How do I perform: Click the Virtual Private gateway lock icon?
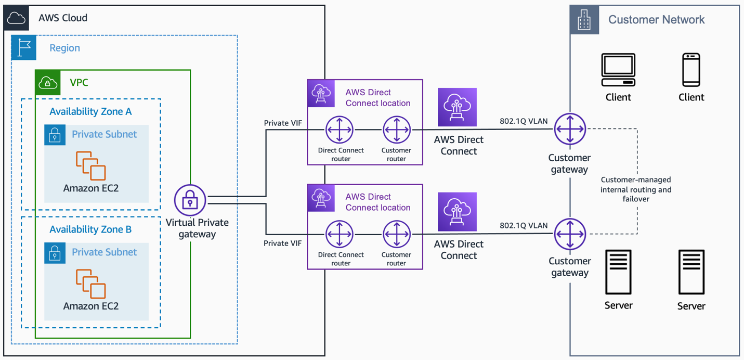pos(190,200)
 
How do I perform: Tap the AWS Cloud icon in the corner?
pos(16,18)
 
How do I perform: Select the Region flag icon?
pos(23,47)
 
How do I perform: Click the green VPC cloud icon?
pos(48,82)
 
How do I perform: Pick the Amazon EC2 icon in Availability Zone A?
pos(90,165)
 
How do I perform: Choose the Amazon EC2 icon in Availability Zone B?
pos(90,284)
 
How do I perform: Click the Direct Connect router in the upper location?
pos(339,130)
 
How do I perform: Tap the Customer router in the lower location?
pos(397,234)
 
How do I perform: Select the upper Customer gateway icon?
pos(570,129)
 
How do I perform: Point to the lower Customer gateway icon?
pos(570,234)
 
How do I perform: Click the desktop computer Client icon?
pos(619,70)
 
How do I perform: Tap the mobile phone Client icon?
pos(691,70)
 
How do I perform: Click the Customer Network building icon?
pos(584,20)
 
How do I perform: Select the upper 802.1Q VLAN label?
pos(524,121)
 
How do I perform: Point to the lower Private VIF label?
pos(283,243)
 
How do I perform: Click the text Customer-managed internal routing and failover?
pos(636,189)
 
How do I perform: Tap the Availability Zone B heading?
pos(90,229)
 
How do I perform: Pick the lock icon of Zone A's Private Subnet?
pos(55,135)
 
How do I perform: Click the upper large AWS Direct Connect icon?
pos(457,107)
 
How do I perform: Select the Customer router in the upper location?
pos(397,130)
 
